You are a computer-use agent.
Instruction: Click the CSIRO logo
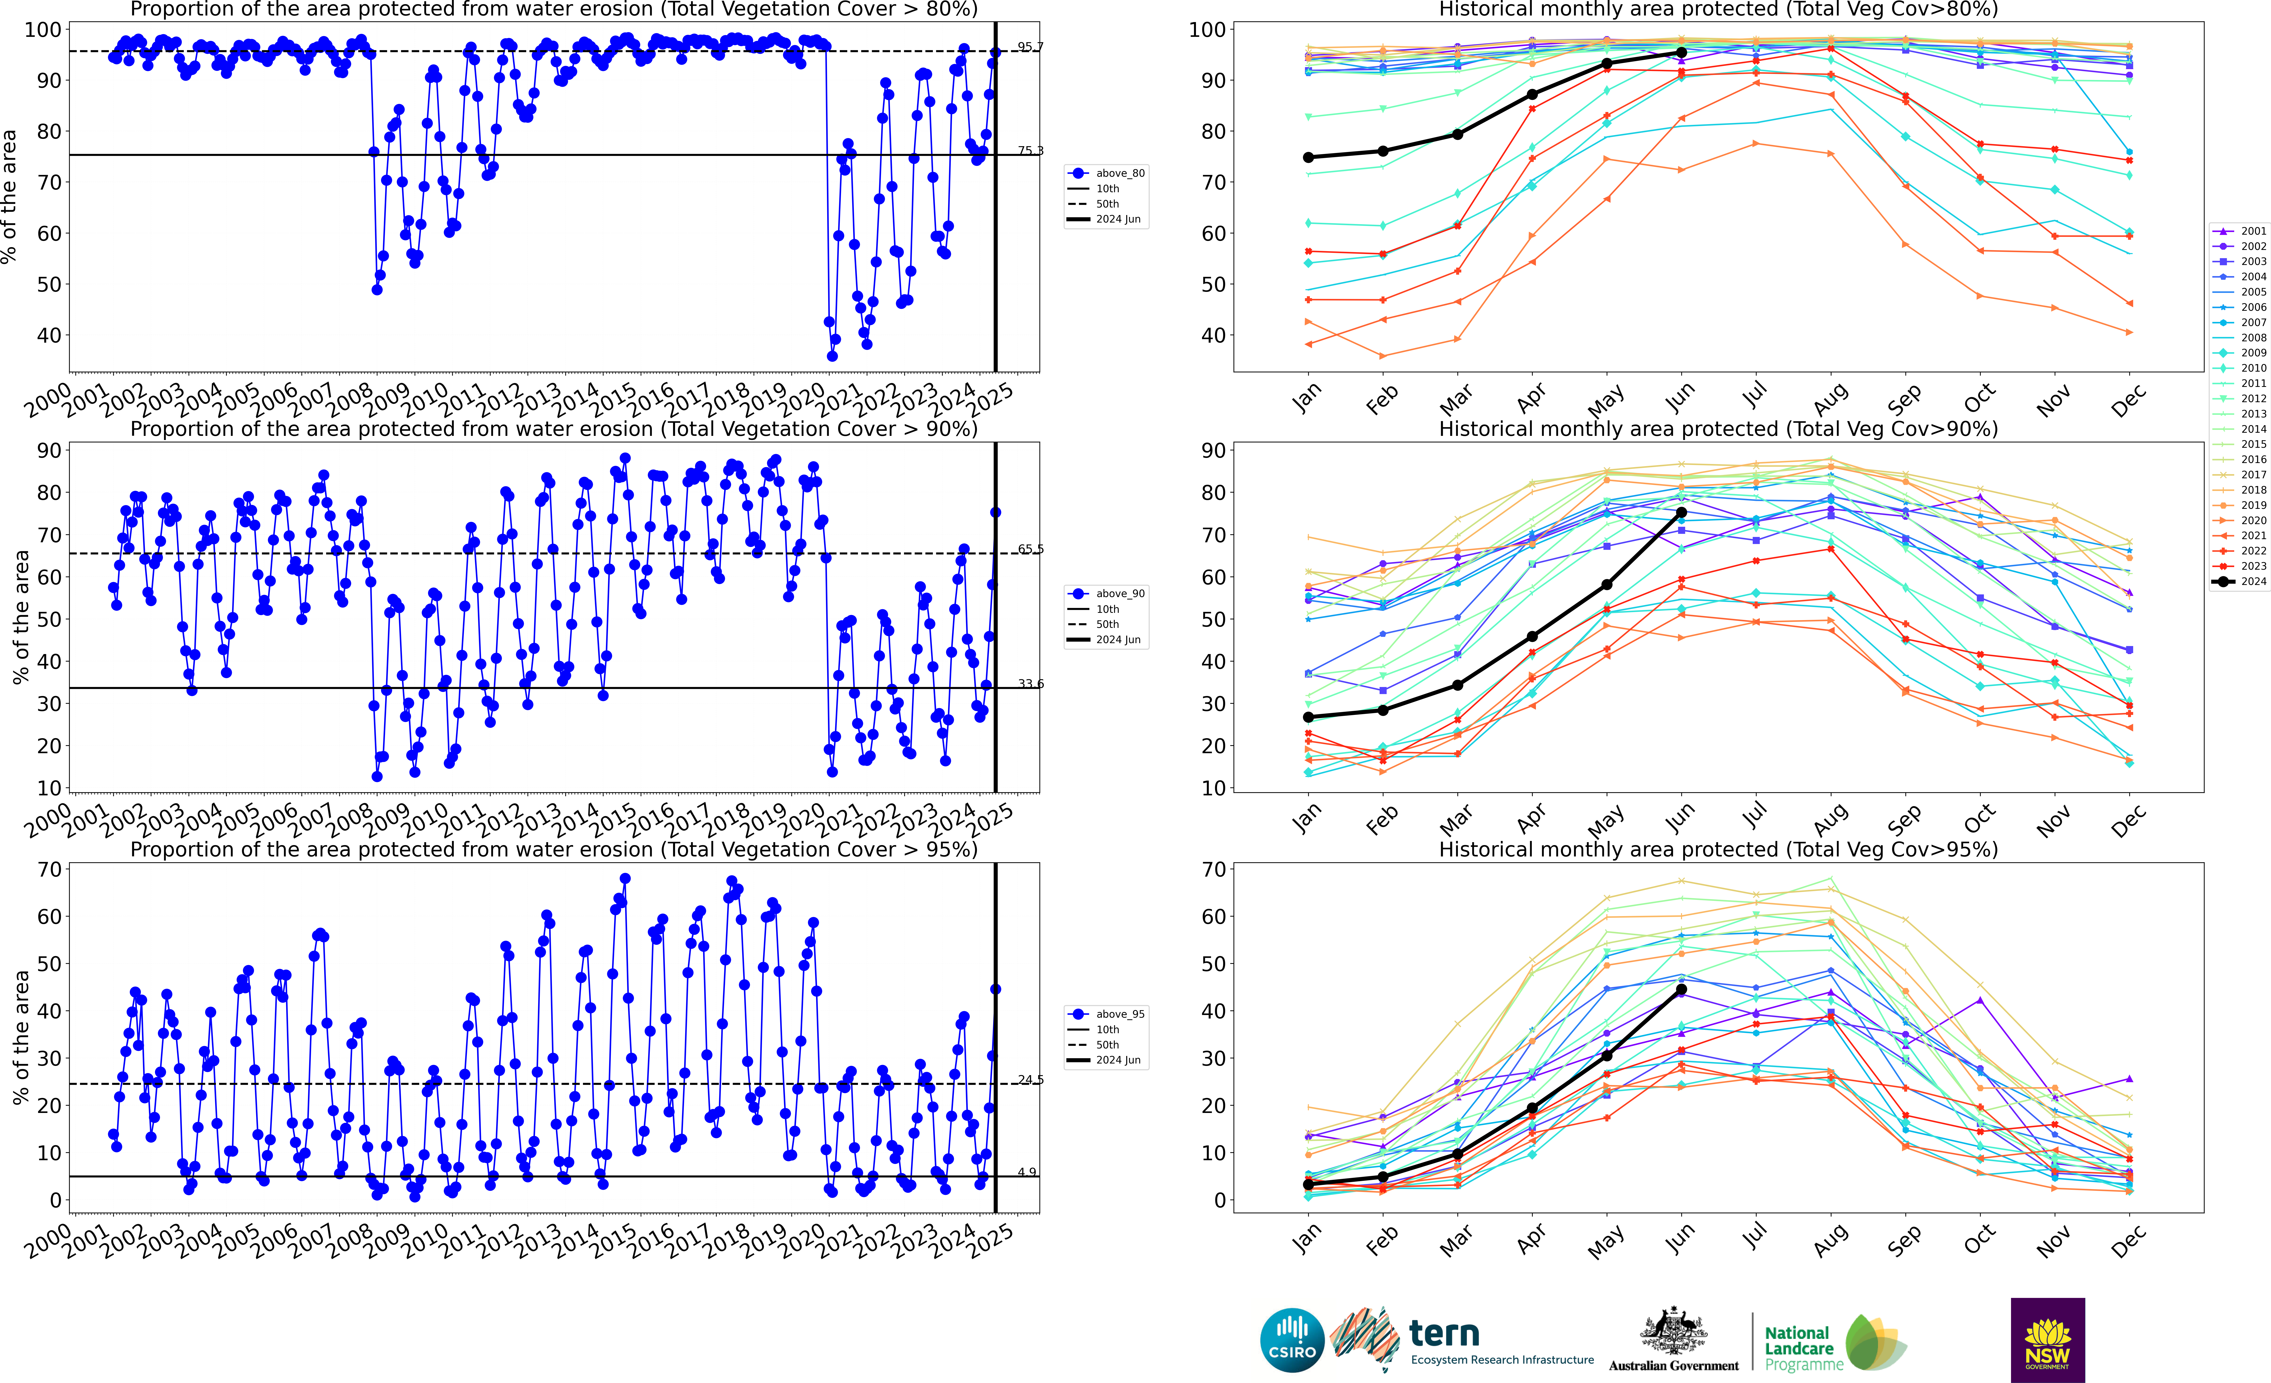(x=1292, y=1340)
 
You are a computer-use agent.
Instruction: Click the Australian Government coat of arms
(x=1673, y=1332)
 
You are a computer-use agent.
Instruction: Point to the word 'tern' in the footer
(x=1444, y=1333)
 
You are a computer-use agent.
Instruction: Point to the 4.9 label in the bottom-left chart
(x=1027, y=1172)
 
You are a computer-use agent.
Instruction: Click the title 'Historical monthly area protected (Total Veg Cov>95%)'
(x=1718, y=849)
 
